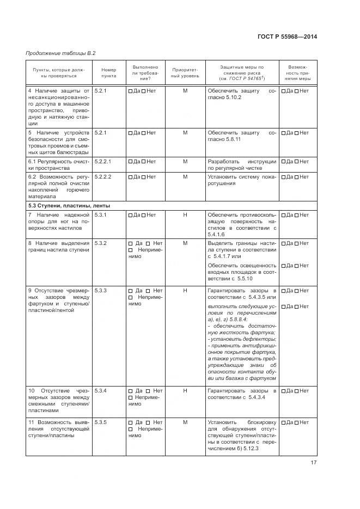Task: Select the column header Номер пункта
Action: (x=109, y=73)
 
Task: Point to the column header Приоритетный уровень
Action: (x=185, y=73)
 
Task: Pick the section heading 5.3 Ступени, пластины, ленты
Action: (x=69, y=206)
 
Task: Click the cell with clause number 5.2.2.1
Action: (x=103, y=162)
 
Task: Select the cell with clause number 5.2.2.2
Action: (x=103, y=177)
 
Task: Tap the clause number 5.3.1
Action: (x=100, y=215)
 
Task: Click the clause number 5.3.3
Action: (x=100, y=291)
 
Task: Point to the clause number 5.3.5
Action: (x=100, y=422)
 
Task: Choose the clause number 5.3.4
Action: (x=100, y=391)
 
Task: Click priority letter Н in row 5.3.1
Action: (x=185, y=215)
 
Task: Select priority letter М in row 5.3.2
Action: (x=185, y=243)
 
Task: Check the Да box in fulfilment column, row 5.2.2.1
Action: (x=130, y=162)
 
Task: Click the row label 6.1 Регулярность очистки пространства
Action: (x=58, y=165)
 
